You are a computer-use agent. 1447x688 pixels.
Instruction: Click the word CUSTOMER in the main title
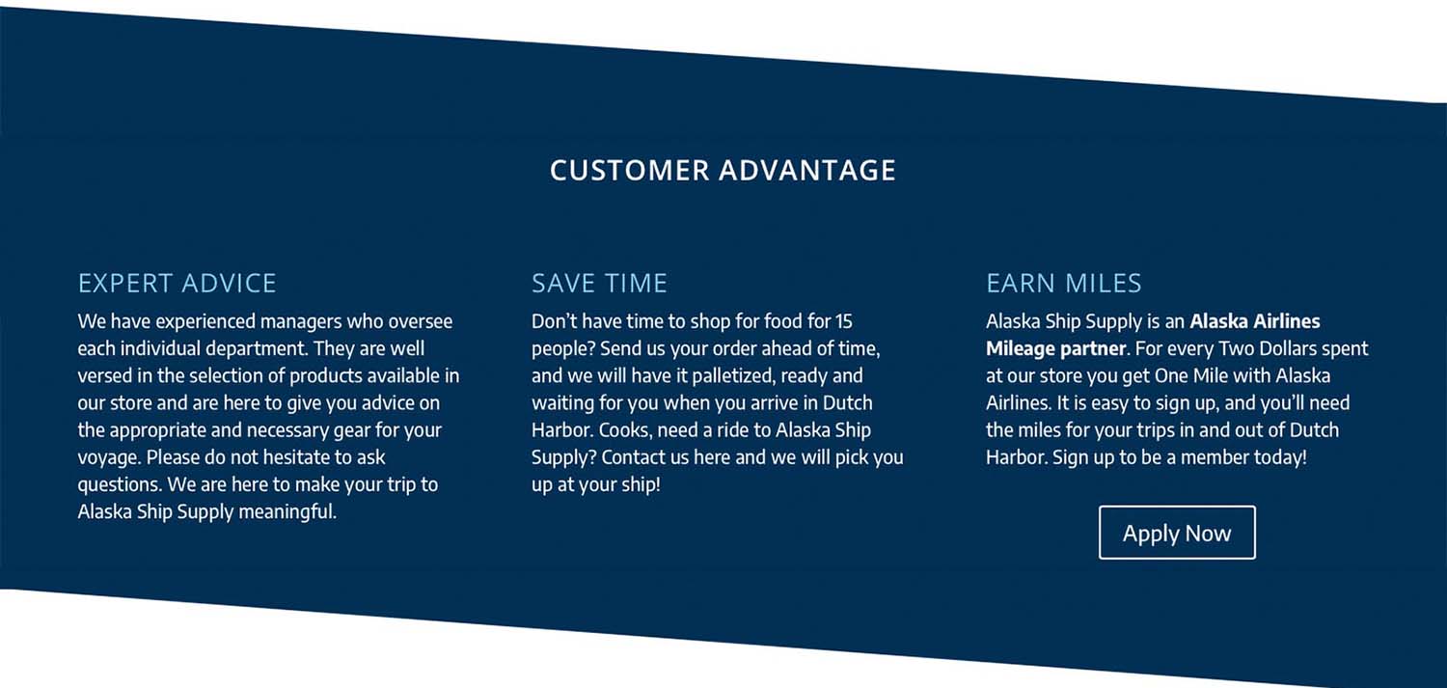click(630, 171)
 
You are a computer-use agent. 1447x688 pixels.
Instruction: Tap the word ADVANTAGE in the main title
click(807, 171)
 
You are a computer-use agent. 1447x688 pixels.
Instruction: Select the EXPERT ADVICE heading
click(177, 283)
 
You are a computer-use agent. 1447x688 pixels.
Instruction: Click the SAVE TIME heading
click(599, 283)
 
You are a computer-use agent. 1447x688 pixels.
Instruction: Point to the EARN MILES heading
click(1064, 283)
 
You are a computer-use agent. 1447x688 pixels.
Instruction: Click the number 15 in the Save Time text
click(844, 321)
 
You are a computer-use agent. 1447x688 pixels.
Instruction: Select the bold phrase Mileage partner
click(1056, 349)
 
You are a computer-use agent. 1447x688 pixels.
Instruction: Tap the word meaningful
click(287, 511)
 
